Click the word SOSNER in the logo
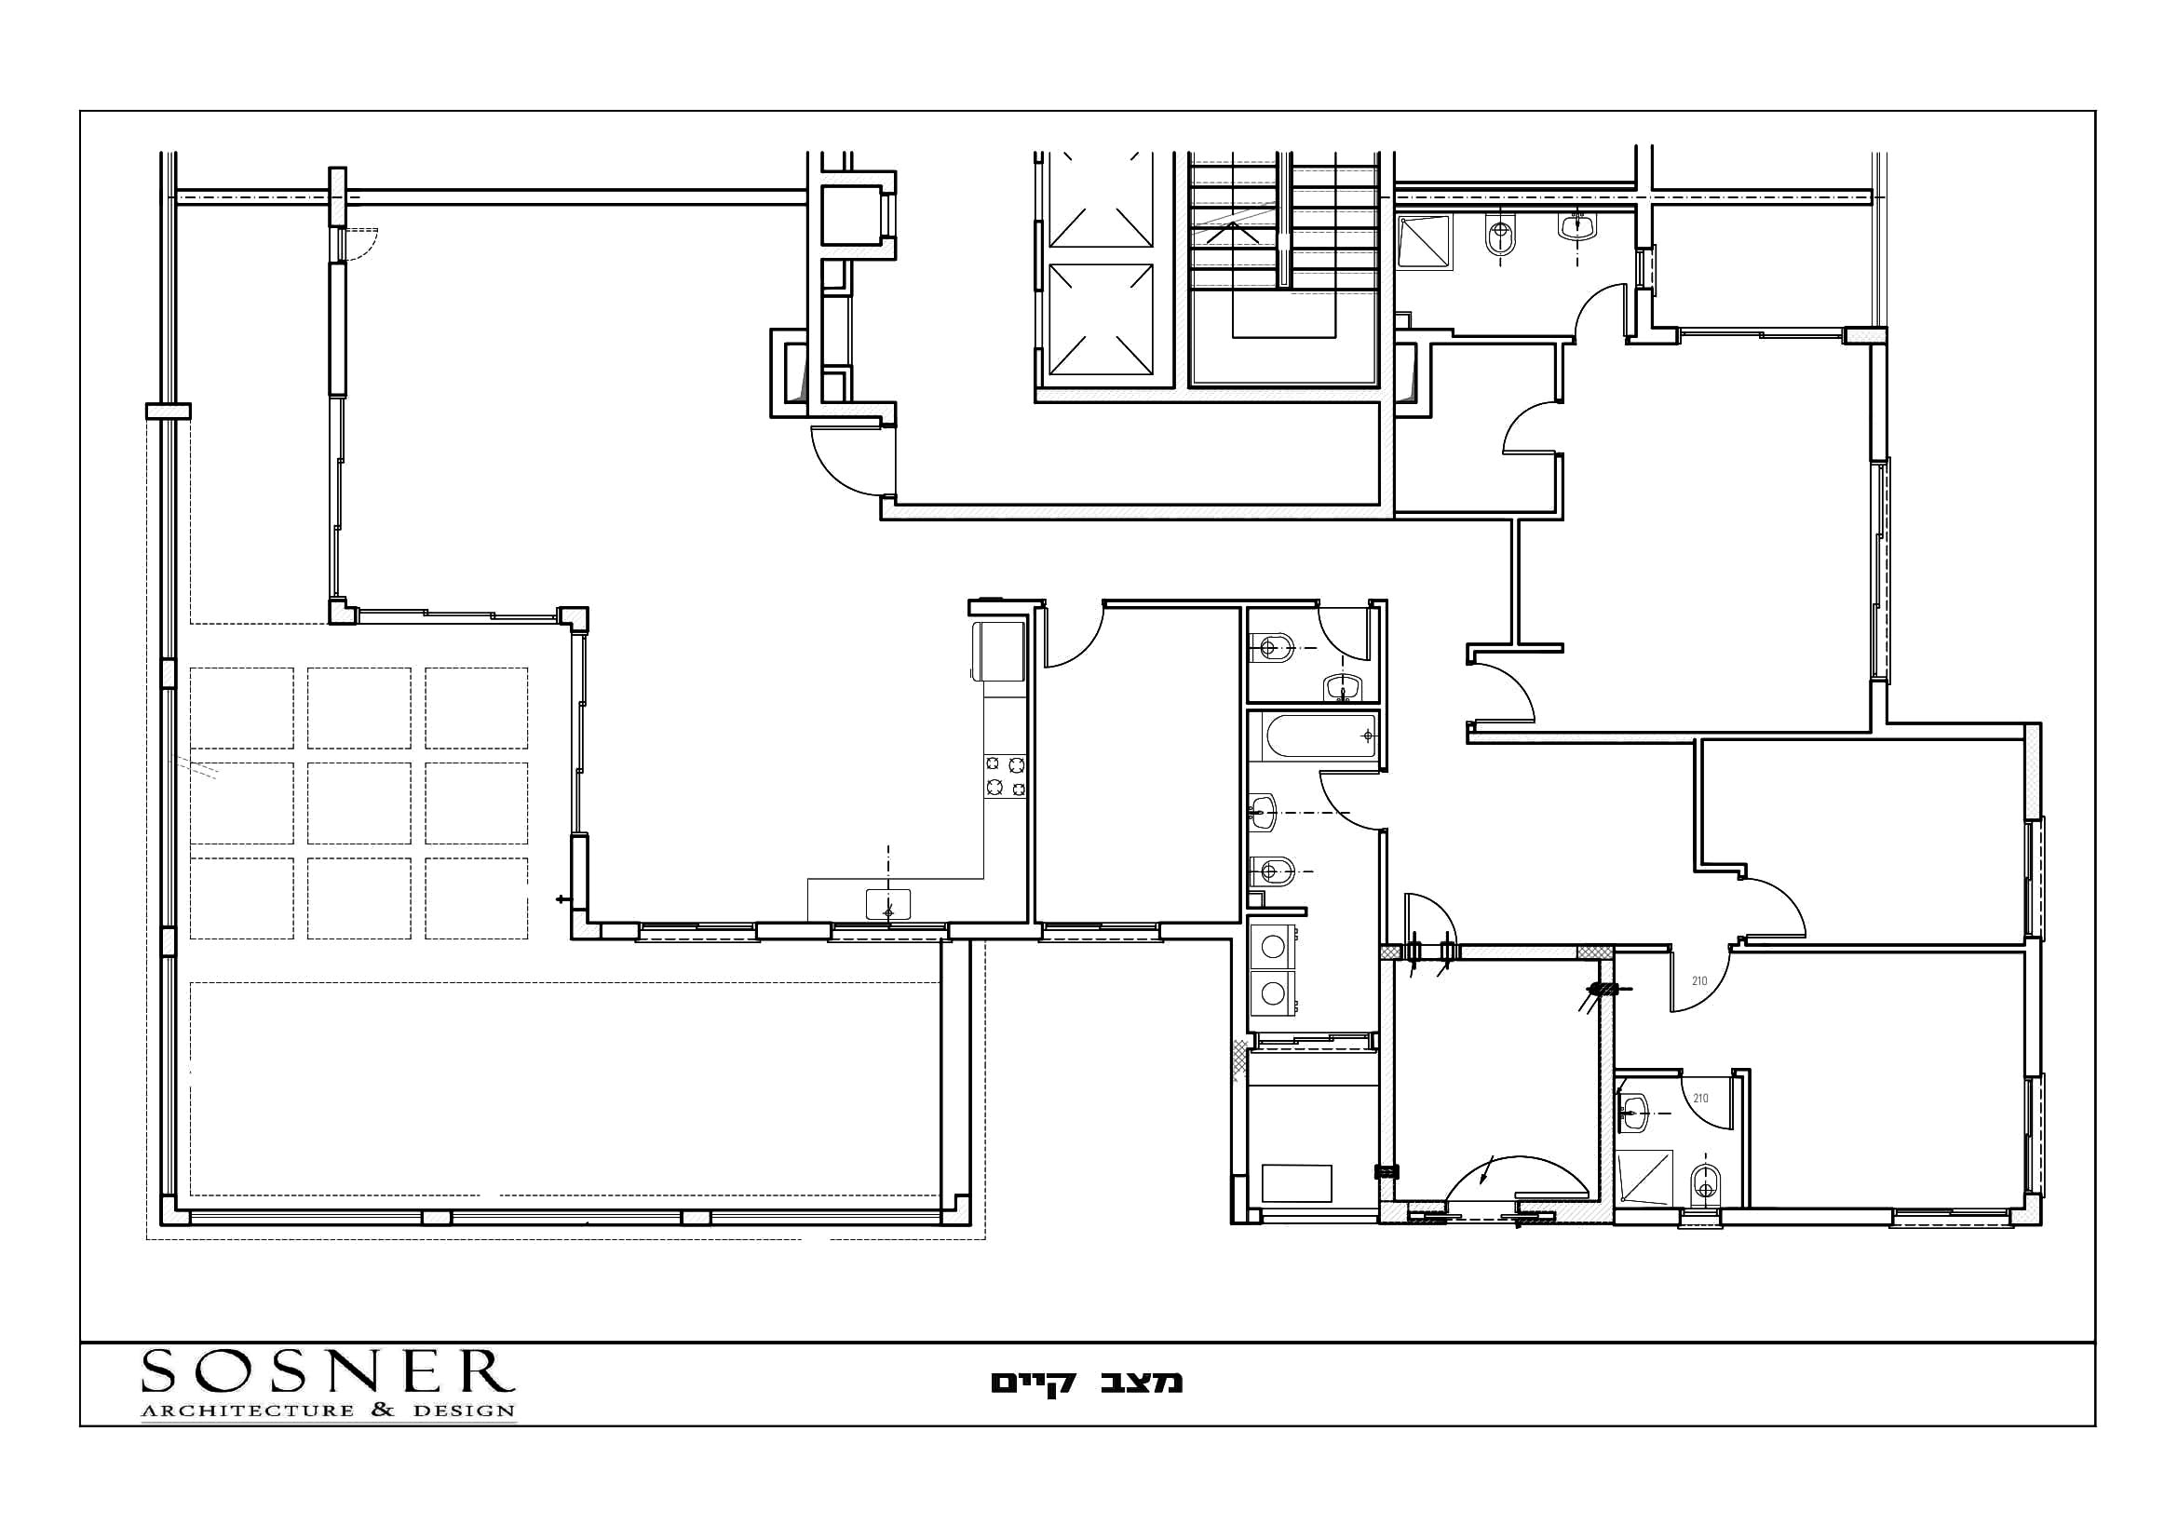pos(327,1372)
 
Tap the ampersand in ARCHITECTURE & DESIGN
pos(384,1410)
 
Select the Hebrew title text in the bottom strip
pos(1087,1383)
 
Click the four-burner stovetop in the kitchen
pos(1006,775)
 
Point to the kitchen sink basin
pos(888,904)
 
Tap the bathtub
pos(1314,736)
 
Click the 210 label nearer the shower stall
pos(1700,1098)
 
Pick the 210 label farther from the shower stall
pos(1699,980)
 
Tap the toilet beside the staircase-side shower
pos(1500,236)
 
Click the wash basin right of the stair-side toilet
pos(1577,224)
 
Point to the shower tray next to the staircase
pos(1426,242)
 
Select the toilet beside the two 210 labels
pos(1705,1181)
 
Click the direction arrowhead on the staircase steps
pos(1233,225)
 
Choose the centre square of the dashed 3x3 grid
pos(358,803)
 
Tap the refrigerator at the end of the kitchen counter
pos(997,652)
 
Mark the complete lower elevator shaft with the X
pos(1101,320)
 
